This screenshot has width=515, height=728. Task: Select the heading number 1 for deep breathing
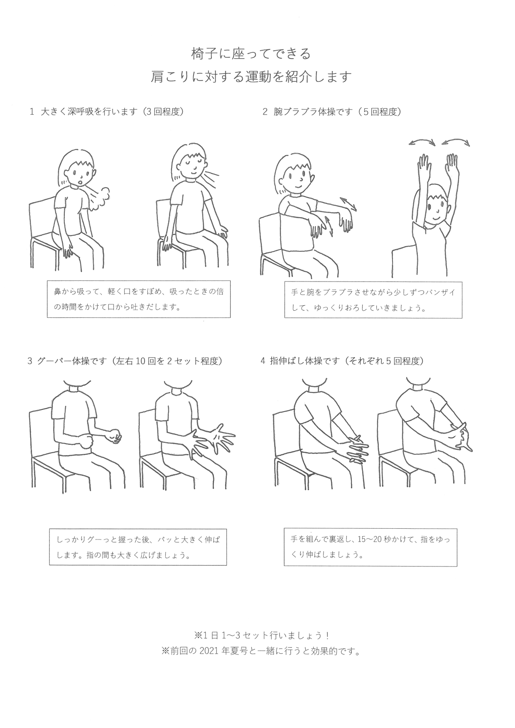(x=32, y=112)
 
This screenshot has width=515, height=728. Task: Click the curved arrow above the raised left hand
(x=422, y=141)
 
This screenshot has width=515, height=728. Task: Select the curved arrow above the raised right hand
(x=456, y=141)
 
